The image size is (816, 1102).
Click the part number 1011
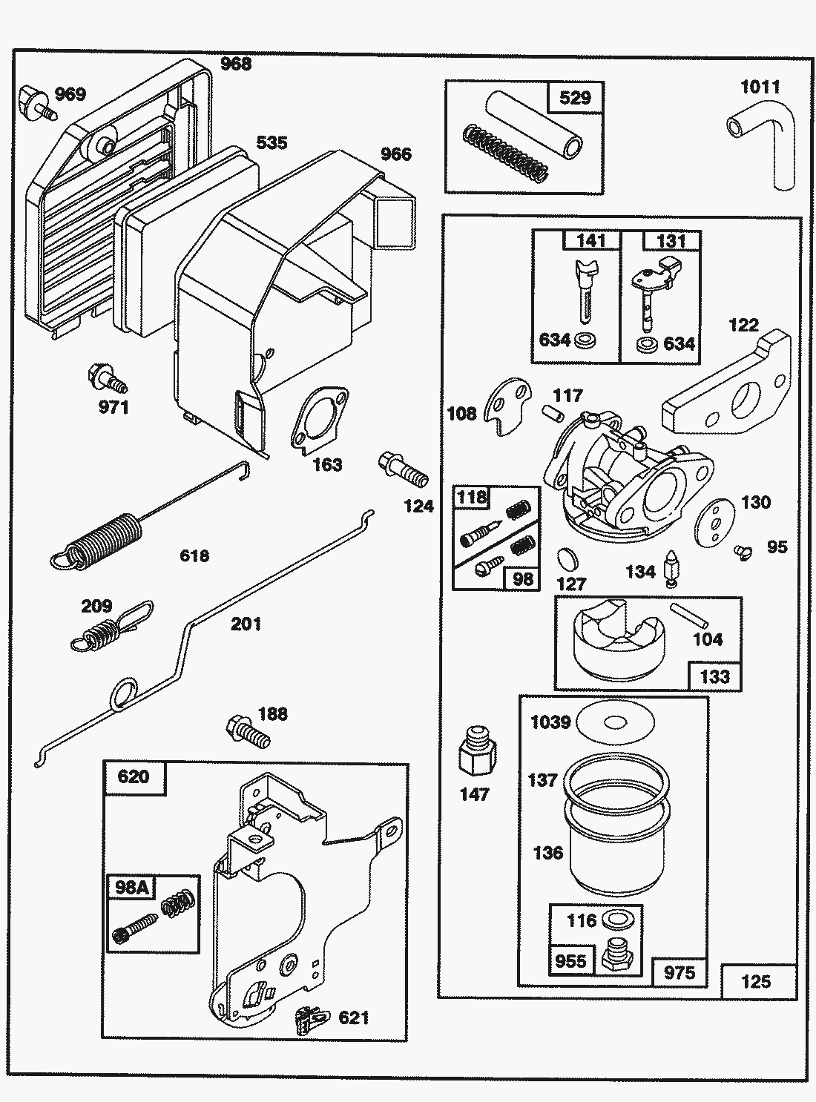pyautogui.click(x=760, y=88)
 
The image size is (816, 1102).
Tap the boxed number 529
pyautogui.click(x=575, y=99)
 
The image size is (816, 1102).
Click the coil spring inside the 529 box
pyautogui.click(x=505, y=152)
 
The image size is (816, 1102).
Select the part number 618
pyautogui.click(x=194, y=555)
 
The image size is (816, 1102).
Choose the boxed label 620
pyautogui.click(x=134, y=777)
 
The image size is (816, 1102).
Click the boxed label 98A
pyautogui.click(x=131, y=887)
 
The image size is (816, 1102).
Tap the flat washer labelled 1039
pyautogui.click(x=615, y=721)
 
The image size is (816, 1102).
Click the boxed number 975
pyautogui.click(x=680, y=972)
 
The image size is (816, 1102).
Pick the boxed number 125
pyautogui.click(x=757, y=982)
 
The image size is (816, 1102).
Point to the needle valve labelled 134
pyautogui.click(x=671, y=568)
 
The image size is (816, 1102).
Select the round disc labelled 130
pyautogui.click(x=715, y=523)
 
